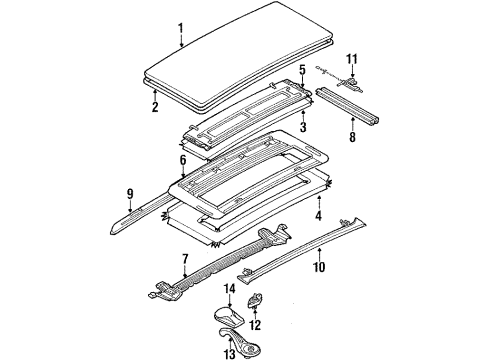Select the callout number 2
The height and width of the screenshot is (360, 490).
[x=155, y=107]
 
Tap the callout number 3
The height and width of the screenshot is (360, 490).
[x=303, y=127]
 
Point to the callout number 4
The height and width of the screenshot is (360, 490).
[x=319, y=215]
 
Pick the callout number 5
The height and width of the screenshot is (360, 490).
[x=302, y=70]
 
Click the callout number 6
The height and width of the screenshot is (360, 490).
[x=183, y=160]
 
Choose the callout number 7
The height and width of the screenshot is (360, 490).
[x=185, y=259]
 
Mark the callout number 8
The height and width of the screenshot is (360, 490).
[x=353, y=137]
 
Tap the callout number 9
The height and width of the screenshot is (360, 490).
[x=130, y=194]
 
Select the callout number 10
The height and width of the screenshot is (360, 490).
[x=319, y=267]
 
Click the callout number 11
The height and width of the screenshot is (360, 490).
[x=352, y=59]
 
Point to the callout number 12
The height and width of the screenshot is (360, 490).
[x=255, y=325]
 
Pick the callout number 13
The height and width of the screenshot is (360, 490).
[x=230, y=353]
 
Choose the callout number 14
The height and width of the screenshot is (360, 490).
[x=229, y=289]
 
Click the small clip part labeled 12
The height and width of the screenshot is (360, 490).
[x=254, y=299]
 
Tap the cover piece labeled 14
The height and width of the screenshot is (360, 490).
[x=229, y=316]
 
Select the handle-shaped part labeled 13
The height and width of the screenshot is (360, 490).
[x=240, y=341]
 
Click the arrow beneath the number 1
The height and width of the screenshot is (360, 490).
[x=181, y=41]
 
